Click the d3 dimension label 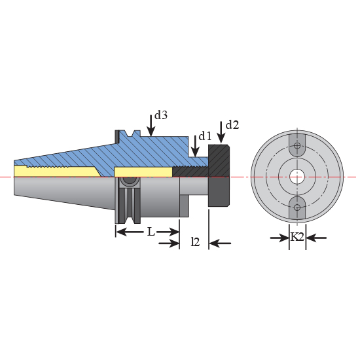(161, 115)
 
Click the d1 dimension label (205, 136)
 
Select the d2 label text (232, 124)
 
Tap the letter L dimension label (151, 232)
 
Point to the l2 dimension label (194, 242)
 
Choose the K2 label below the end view (297, 237)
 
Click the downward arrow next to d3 (151, 124)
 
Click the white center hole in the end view (297, 176)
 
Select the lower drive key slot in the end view (297, 206)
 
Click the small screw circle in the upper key (297, 145)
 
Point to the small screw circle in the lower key (297, 207)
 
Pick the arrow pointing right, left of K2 (279, 238)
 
